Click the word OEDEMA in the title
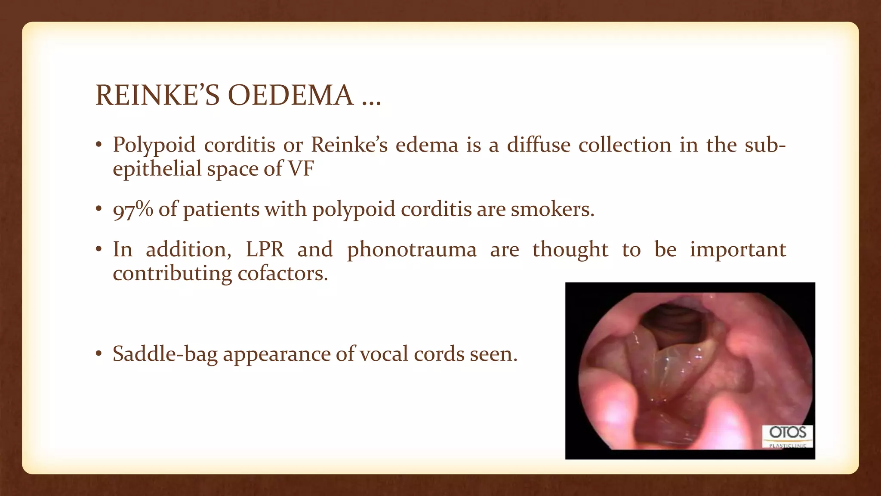pyautogui.click(x=290, y=95)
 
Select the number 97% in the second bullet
pyautogui.click(x=132, y=210)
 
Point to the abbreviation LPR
pyautogui.click(x=265, y=249)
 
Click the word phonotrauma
pyautogui.click(x=412, y=250)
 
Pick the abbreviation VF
pyautogui.click(x=301, y=168)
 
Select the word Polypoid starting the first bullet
pyautogui.click(x=154, y=145)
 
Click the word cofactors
pyautogui.click(x=283, y=273)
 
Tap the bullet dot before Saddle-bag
pyautogui.click(x=99, y=354)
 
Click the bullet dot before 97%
pyautogui.click(x=99, y=209)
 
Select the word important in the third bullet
pyautogui.click(x=738, y=250)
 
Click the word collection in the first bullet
pyautogui.click(x=625, y=145)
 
